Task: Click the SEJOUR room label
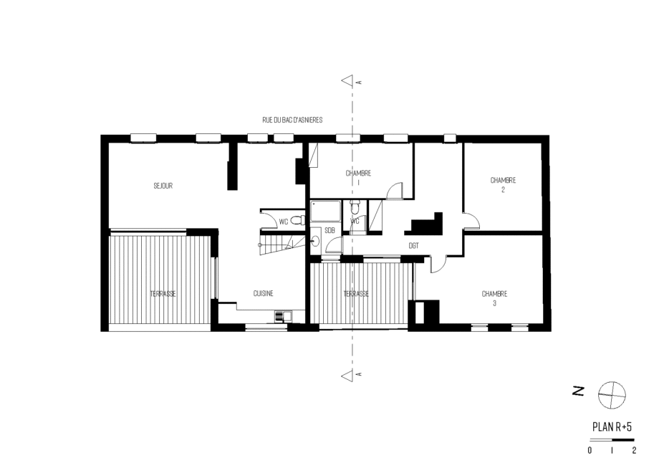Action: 163,186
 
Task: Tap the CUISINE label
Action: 263,293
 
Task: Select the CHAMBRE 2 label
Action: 503,185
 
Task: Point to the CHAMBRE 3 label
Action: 494,298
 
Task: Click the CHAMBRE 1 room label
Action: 358,178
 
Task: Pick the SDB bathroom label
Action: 330,230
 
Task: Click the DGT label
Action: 413,246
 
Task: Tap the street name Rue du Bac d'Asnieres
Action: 292,120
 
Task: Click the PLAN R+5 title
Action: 612,427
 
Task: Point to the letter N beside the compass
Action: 579,391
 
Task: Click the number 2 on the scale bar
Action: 634,450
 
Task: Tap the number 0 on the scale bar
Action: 590,450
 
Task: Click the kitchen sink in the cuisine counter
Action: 283,316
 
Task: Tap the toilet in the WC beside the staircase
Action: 298,220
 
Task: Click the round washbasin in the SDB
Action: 315,241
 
